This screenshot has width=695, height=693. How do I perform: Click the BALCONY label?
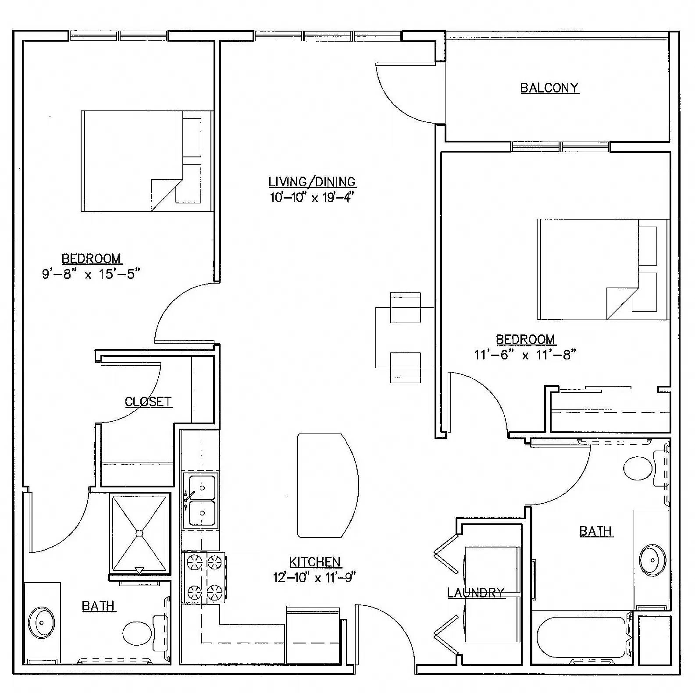pos(549,88)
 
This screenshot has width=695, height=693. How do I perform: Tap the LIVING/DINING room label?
pos(312,181)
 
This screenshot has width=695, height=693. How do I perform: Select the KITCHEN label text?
pos(315,562)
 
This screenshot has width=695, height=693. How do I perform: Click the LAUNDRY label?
pos(476,593)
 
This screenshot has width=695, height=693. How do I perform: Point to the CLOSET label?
pos(148,402)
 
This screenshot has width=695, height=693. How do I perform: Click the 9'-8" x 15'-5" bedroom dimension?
pos(91,274)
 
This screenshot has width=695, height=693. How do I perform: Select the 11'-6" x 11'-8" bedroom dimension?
pos(525,355)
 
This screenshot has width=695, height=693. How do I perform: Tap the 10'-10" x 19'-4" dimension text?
pos(312,197)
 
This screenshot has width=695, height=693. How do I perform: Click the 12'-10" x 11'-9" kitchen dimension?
pos(314,577)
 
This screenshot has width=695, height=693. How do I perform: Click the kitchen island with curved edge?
pos(327,485)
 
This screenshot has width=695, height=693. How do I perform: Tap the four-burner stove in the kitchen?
pos(203,577)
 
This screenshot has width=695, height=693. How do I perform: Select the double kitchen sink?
pos(202,500)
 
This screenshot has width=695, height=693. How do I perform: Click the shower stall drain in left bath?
pos(139,533)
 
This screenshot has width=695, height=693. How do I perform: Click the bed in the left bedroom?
pos(140,161)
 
